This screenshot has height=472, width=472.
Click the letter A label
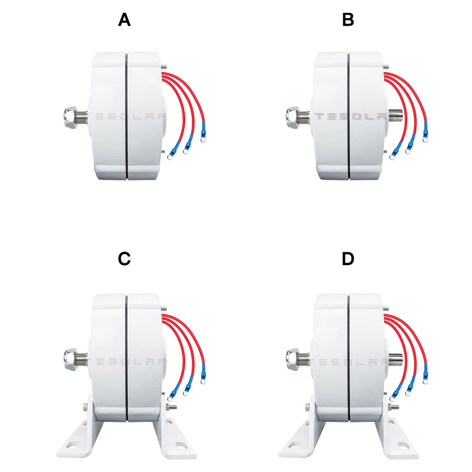pos(124,20)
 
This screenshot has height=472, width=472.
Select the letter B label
pos(348,20)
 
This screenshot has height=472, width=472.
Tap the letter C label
pos(124,259)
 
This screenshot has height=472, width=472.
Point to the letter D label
pos(348,259)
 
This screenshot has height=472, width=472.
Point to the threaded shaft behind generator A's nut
pos(84,116)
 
